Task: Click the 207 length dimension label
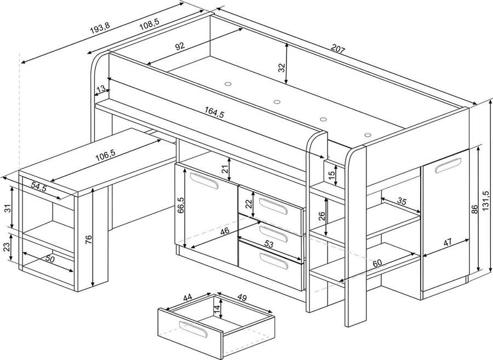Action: [x=338, y=50]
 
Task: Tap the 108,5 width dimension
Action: [x=148, y=25]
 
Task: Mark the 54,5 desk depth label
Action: [x=38, y=186]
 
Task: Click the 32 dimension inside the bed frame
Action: [x=281, y=67]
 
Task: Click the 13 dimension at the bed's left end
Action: [x=101, y=89]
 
